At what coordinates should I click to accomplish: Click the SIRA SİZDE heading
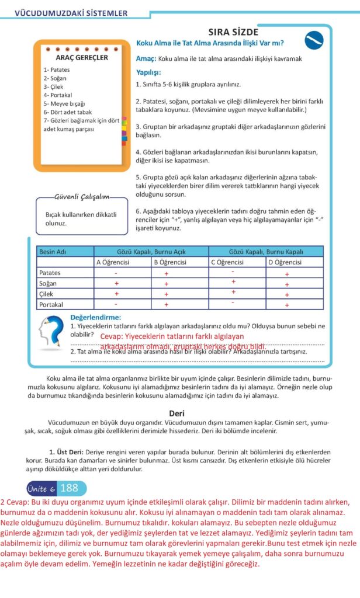tap(233, 32)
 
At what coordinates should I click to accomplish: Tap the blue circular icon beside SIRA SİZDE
tap(314, 40)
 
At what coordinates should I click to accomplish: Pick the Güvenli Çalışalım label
tap(81, 196)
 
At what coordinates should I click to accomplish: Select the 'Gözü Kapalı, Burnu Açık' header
tap(151, 252)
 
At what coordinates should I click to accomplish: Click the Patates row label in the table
tap(50, 273)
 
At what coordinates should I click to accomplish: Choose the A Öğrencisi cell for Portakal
tap(116, 304)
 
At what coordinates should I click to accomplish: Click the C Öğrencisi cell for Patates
tap(233, 272)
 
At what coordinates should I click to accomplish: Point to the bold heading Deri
tap(177, 413)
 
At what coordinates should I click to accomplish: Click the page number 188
tap(69, 488)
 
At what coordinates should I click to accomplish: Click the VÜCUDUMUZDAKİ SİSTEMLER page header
tap(71, 12)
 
